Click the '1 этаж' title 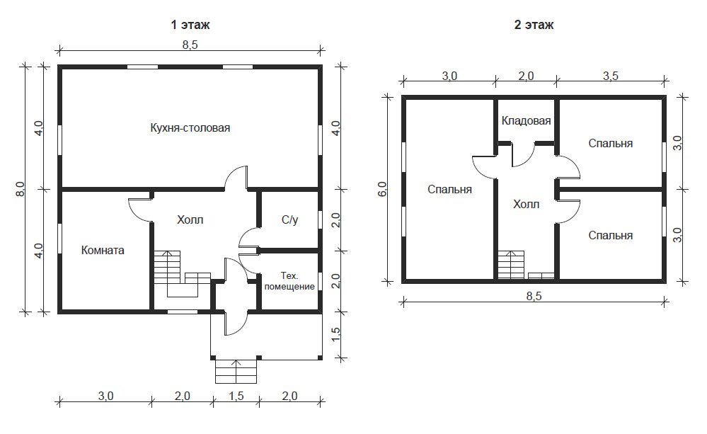click(x=190, y=24)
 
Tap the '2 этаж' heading click(x=534, y=24)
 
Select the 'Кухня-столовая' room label click(x=190, y=127)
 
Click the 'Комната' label click(x=103, y=250)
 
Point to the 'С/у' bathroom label click(x=289, y=219)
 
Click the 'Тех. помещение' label click(x=289, y=281)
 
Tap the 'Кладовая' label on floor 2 click(x=527, y=120)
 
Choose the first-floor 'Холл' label click(x=190, y=219)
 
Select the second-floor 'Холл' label click(x=527, y=205)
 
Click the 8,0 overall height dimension click(x=20, y=188)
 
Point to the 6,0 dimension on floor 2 click(x=382, y=188)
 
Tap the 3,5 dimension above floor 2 click(x=611, y=76)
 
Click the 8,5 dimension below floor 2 click(x=534, y=296)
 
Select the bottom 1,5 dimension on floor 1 click(x=236, y=396)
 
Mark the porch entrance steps click(x=236, y=371)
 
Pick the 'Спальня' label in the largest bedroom click(x=449, y=189)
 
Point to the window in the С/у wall click(x=319, y=219)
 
